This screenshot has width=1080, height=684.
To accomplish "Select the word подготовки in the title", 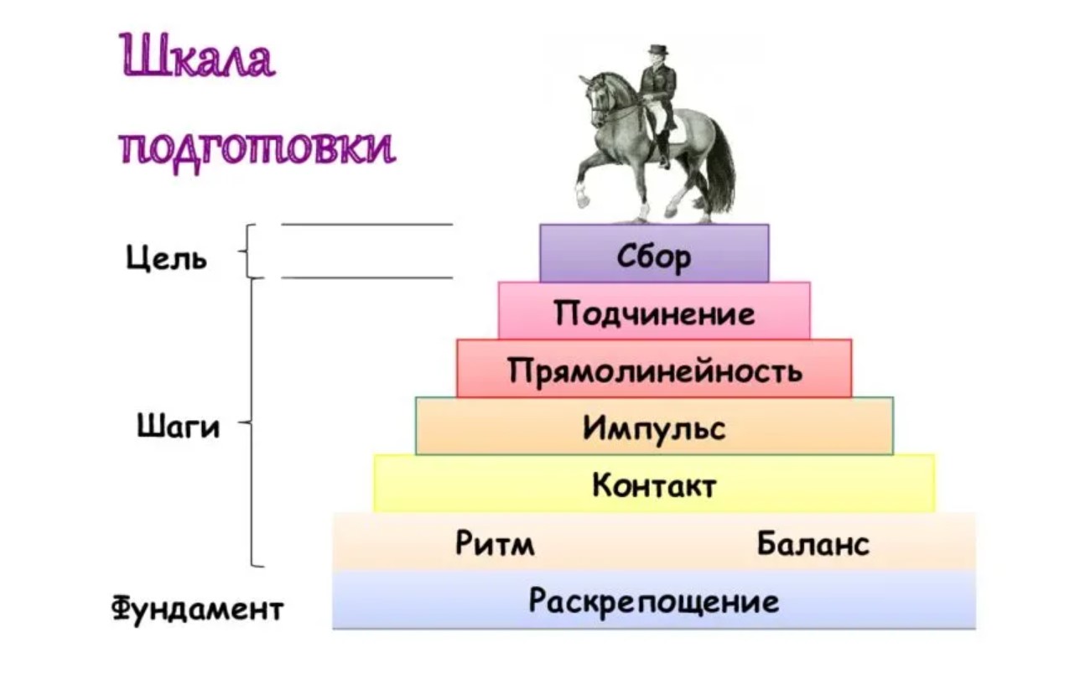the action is click(x=258, y=146).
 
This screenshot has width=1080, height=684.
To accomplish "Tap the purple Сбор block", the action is click(x=654, y=253).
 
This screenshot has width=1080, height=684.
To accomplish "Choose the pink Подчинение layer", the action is click(x=654, y=311).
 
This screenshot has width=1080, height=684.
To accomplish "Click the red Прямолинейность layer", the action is click(x=654, y=368).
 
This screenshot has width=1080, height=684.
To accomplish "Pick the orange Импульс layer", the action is click(x=654, y=426).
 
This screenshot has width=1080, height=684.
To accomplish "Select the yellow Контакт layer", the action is click(x=654, y=483).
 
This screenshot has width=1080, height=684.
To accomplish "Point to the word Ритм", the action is click(x=495, y=543).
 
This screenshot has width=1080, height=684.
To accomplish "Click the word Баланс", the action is click(x=813, y=543).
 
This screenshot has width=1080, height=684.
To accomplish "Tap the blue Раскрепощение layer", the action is click(x=654, y=599).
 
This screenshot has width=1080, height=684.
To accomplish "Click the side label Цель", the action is click(x=166, y=258).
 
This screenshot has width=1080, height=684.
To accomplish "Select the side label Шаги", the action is click(x=179, y=427).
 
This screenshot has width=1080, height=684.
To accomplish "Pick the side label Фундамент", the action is click(x=198, y=609).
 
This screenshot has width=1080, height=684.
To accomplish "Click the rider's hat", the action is click(x=657, y=49).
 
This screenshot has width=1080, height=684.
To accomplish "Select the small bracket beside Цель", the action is click(x=247, y=251).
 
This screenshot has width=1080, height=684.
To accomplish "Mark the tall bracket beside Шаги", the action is click(x=252, y=422).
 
